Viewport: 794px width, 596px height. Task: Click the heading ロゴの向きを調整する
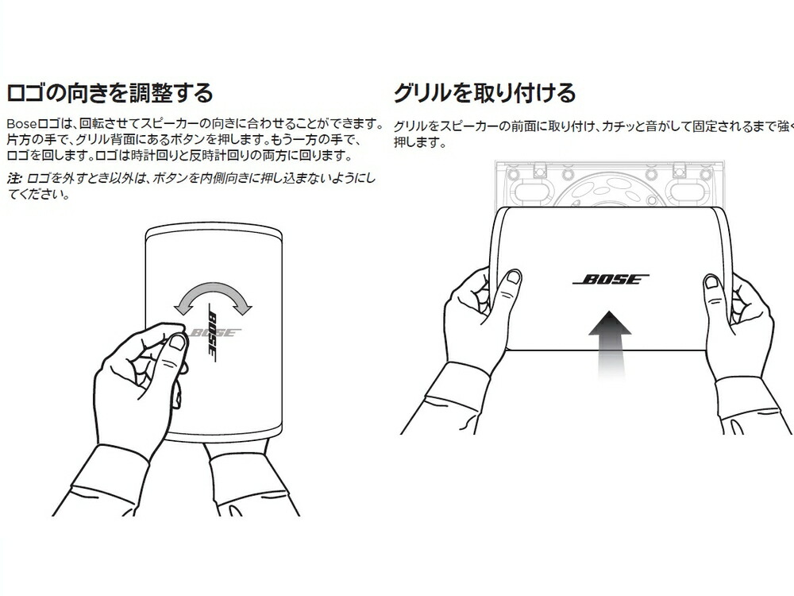[x=110, y=93]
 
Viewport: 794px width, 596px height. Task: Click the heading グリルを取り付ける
[x=484, y=93]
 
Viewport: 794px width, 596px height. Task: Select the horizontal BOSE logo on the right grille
[x=611, y=280]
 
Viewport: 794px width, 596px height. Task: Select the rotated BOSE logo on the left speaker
[x=214, y=332]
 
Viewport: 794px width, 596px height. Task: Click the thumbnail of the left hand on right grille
[x=514, y=277]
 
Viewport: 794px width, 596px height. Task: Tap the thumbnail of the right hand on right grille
[x=712, y=282]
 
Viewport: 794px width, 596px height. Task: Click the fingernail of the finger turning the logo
[x=177, y=342]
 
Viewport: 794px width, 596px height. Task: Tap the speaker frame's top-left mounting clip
[x=541, y=169]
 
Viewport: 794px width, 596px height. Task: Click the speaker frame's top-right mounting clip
[x=681, y=169]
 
